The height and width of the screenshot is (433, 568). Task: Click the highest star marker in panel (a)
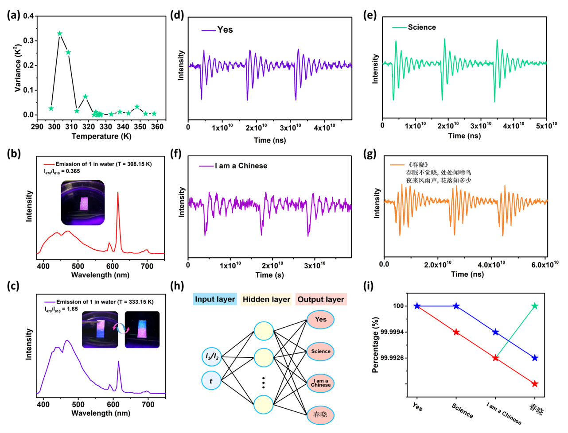(59, 34)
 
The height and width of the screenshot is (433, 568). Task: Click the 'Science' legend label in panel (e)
(421, 27)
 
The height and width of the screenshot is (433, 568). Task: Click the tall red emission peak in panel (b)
(118, 193)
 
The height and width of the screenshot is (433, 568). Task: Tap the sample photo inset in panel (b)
(83, 203)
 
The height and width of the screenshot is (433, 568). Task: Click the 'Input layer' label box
(215, 299)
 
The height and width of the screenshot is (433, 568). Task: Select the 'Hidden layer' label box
(266, 299)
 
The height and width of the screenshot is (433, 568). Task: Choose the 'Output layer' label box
(321, 299)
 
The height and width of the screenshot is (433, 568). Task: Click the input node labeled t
(211, 380)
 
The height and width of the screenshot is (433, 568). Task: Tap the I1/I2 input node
(211, 356)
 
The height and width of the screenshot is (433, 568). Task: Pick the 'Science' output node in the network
(320, 351)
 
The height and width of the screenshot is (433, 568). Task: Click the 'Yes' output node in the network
(320, 319)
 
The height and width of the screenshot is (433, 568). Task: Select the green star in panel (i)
(535, 306)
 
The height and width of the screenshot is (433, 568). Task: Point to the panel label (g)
(370, 154)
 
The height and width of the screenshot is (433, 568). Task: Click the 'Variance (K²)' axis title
(18, 68)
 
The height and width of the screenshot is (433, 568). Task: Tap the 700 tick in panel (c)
(148, 405)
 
